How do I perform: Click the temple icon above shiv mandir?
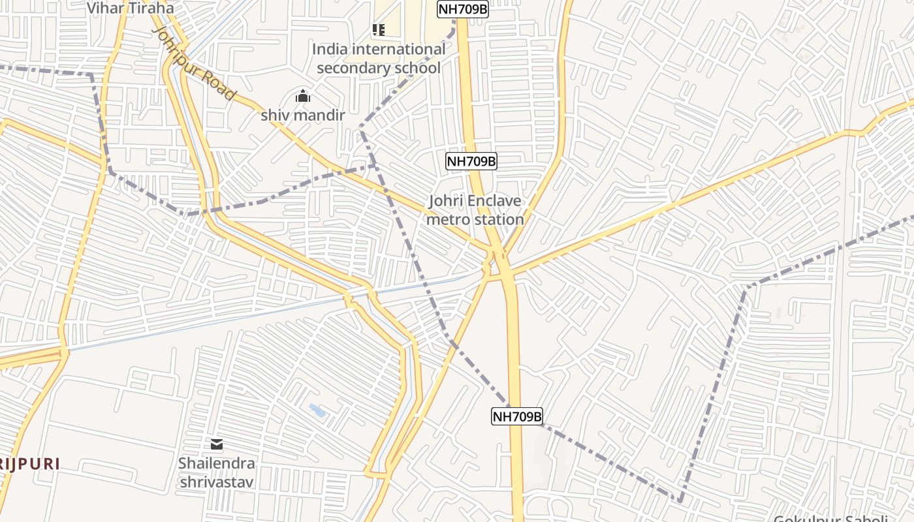(302, 97)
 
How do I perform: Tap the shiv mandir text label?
(302, 115)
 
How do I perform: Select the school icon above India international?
(378, 29)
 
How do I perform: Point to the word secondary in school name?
(351, 68)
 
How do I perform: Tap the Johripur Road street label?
(193, 63)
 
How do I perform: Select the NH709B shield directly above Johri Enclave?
(471, 161)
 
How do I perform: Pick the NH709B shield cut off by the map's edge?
(462, 8)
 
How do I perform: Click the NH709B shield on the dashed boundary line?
(517, 416)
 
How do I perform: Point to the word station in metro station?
(499, 220)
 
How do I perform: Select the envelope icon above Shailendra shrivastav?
(217, 445)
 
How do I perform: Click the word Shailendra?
(217, 464)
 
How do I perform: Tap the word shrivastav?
(217, 483)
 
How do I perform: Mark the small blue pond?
(317, 410)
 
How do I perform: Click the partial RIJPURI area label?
(29, 464)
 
